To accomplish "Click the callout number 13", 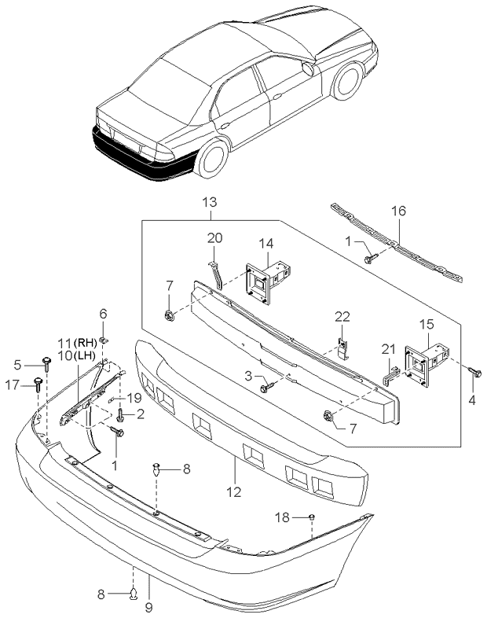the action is (210, 203).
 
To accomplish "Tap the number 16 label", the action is (398, 211).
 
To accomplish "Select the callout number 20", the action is (215, 238).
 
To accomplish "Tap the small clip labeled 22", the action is (343, 348).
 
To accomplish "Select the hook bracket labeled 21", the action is (391, 375).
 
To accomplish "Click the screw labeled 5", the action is (47, 364).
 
